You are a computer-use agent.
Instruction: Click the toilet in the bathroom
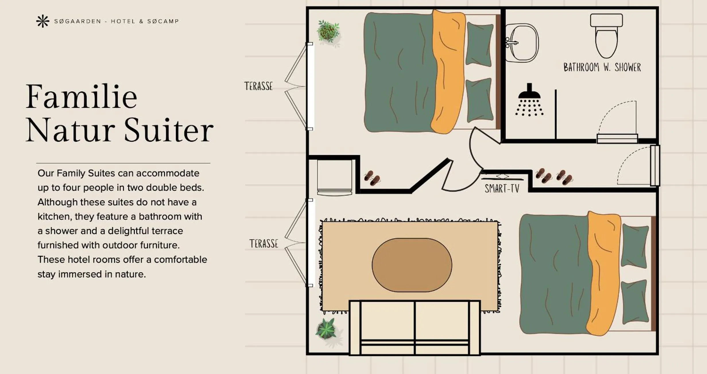[606, 36]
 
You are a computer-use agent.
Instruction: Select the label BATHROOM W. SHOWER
[602, 68]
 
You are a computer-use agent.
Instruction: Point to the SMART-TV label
[502, 189]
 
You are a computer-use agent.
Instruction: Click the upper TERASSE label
[258, 86]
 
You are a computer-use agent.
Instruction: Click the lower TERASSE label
[264, 244]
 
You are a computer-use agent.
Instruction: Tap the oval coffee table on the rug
[412, 265]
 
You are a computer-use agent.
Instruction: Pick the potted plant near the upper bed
[328, 31]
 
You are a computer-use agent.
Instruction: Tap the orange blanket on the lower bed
[603, 272]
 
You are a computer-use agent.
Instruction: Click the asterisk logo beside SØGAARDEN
[42, 21]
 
